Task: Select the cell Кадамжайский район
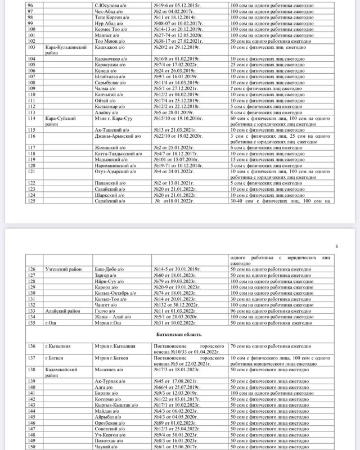62,372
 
